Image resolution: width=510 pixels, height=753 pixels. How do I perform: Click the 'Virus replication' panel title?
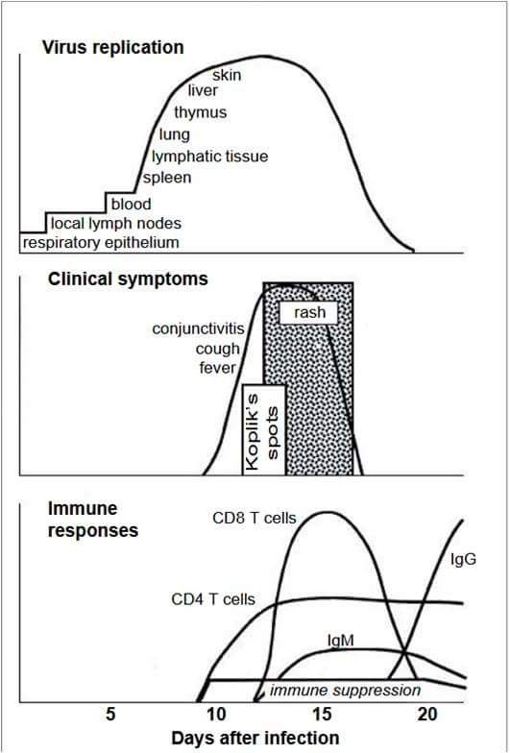(113, 48)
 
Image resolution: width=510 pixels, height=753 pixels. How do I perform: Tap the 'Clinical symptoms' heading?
(128, 279)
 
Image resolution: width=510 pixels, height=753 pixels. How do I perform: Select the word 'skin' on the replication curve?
(227, 75)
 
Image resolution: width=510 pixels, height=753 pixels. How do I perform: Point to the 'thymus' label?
(200, 112)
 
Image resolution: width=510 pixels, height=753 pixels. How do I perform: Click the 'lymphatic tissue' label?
(209, 156)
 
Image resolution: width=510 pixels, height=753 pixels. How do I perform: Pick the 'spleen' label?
(167, 178)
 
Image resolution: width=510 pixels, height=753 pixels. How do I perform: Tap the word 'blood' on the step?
(131, 204)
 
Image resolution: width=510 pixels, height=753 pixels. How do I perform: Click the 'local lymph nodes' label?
(116, 223)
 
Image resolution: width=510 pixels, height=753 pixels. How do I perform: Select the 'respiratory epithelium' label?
(101, 242)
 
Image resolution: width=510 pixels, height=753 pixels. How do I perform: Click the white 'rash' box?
(309, 313)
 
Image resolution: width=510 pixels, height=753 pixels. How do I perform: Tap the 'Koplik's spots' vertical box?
(263, 429)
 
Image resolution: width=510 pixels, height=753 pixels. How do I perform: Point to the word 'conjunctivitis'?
(198, 328)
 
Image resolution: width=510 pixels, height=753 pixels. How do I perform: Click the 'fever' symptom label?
(217, 368)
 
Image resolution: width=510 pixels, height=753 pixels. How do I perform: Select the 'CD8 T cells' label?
(255, 519)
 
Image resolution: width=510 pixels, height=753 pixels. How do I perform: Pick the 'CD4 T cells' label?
(213, 599)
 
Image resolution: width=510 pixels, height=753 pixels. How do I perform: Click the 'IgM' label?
(340, 640)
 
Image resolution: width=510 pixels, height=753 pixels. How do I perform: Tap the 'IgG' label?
(463, 559)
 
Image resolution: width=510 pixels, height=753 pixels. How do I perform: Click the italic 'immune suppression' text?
(345, 691)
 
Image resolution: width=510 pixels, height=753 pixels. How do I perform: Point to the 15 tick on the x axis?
(323, 715)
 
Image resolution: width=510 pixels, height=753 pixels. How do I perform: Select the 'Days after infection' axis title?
(255, 738)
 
